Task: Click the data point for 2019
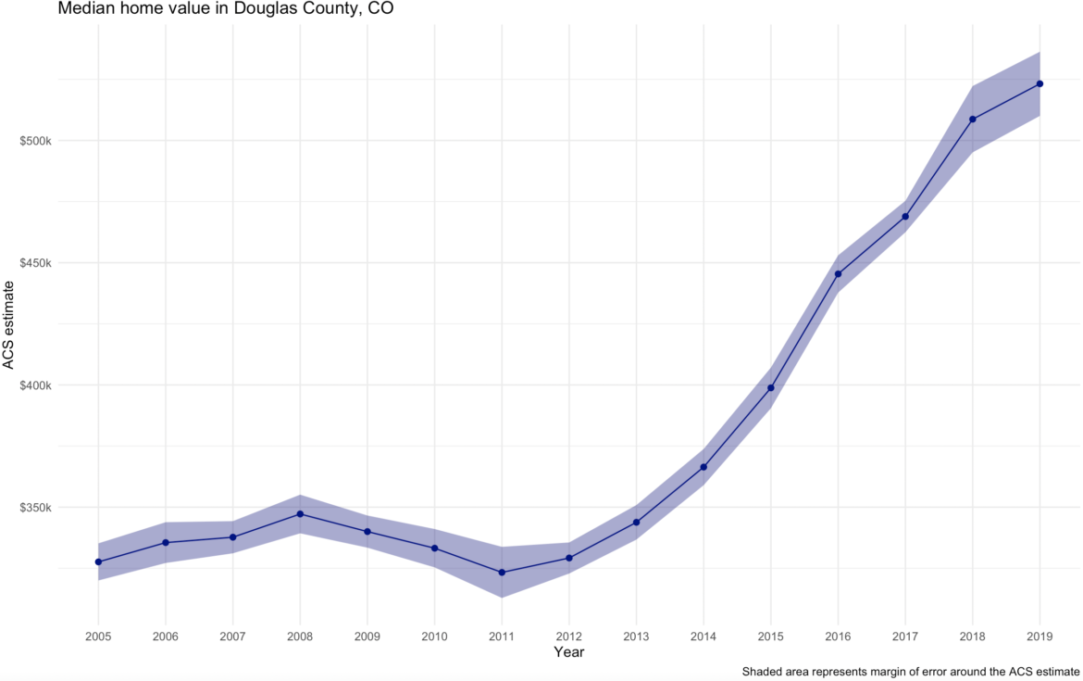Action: [1039, 83]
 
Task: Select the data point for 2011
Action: [502, 573]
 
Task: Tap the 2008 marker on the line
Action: [300, 513]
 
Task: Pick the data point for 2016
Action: [838, 273]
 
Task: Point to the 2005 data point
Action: [98, 561]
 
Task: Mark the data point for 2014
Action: [703, 467]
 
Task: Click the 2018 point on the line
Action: [972, 119]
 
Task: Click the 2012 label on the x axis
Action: [569, 637]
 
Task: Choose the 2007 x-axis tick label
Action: [232, 637]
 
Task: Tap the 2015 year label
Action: [770, 637]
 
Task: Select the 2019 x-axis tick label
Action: [1039, 637]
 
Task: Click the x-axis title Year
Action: [568, 652]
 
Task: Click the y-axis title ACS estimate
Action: [9, 324]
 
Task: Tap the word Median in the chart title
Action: [83, 9]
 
